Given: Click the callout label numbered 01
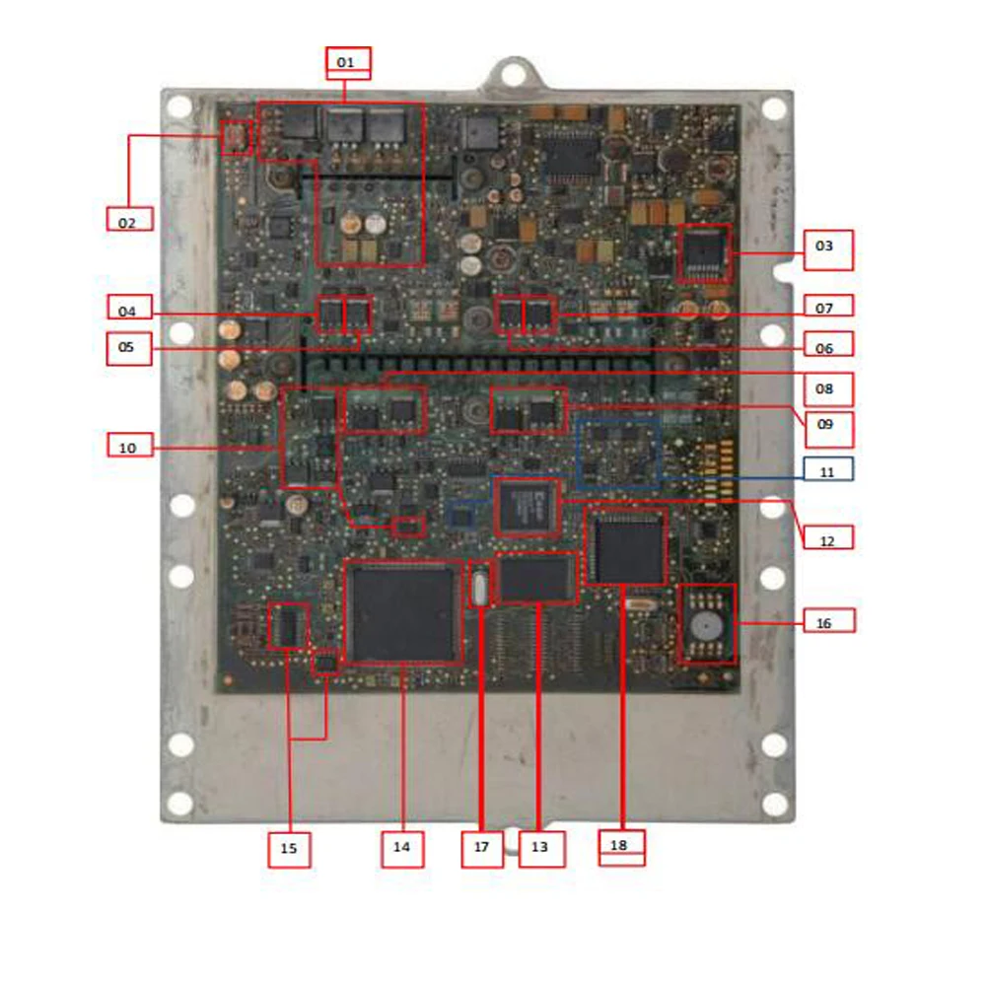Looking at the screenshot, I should click(347, 62).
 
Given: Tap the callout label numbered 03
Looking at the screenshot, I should click(827, 249).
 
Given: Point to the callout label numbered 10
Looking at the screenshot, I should click(129, 446).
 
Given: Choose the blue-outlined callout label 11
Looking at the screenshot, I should click(827, 469).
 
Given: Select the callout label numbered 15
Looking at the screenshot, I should click(290, 849).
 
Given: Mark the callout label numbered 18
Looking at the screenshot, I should click(622, 847).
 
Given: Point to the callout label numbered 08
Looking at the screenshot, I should click(827, 387).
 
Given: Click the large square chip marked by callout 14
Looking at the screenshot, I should click(403, 612).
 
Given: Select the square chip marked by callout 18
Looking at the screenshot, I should click(627, 545).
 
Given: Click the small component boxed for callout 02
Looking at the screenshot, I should click(236, 137).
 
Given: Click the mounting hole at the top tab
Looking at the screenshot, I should click(511, 72).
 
